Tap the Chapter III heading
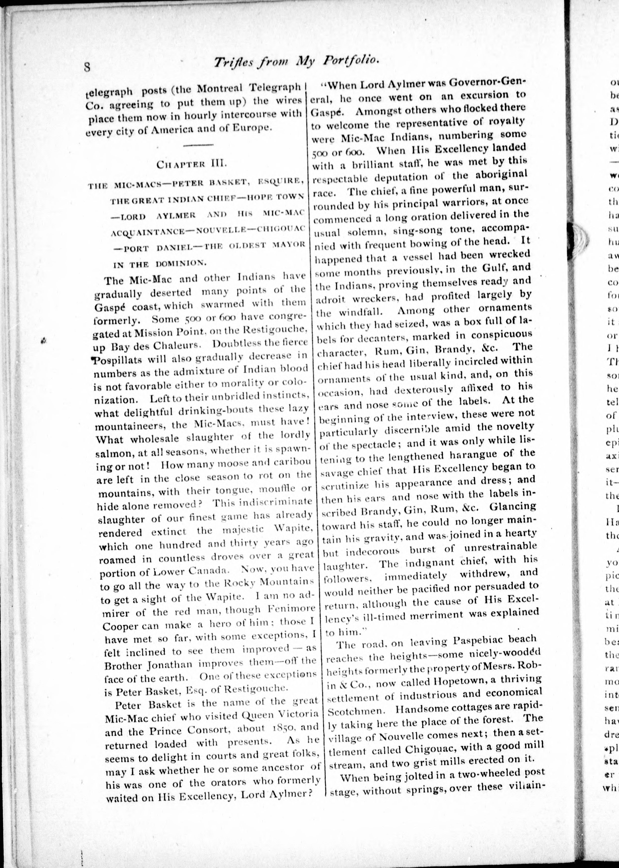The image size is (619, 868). (x=192, y=165)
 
